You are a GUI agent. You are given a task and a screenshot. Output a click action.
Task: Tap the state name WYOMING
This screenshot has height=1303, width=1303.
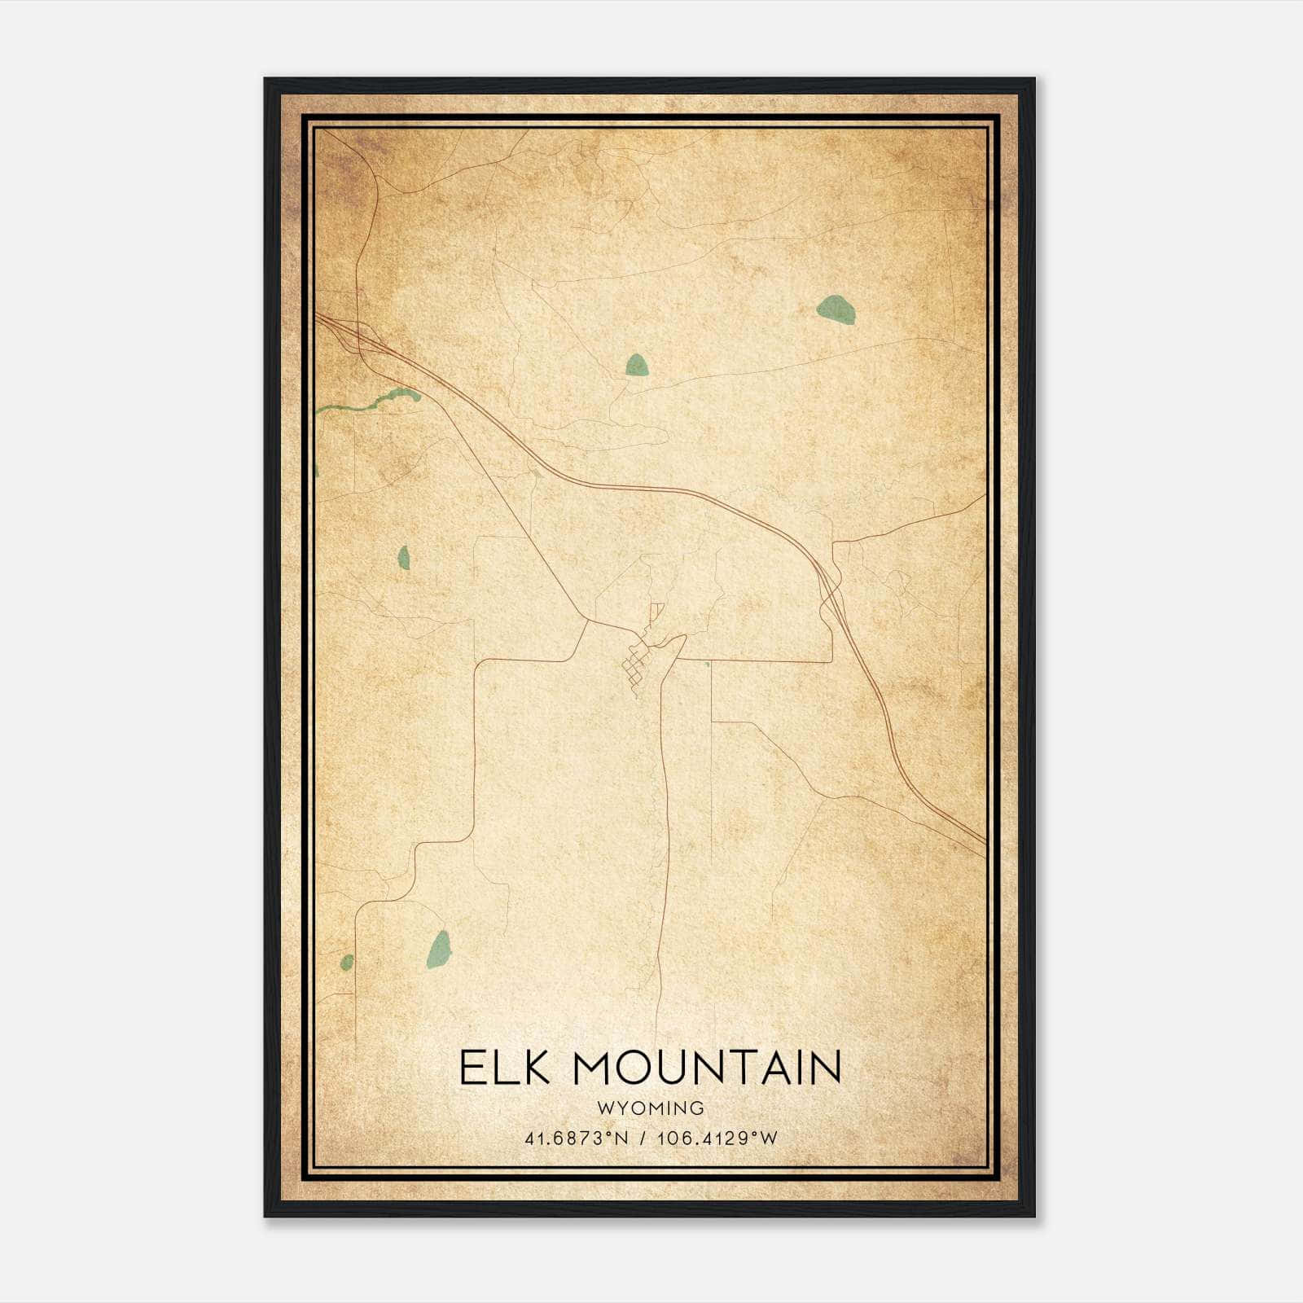650,1108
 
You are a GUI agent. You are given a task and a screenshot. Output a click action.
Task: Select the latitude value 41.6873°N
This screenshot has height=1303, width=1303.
577,1138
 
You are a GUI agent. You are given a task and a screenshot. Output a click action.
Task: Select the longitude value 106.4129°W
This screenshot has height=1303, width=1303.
717,1138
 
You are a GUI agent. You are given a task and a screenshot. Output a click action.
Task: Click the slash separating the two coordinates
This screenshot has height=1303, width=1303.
643,1138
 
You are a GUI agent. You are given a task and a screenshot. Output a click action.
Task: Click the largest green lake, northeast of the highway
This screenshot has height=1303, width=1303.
836,310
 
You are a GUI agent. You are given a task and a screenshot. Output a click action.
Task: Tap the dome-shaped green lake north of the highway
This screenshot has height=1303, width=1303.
637,365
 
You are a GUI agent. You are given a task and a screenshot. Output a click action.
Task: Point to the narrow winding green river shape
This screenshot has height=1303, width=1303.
375,400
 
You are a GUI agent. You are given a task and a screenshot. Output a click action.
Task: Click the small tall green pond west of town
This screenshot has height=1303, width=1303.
403,557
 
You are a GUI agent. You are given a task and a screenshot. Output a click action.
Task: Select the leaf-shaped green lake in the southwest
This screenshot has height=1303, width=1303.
439,950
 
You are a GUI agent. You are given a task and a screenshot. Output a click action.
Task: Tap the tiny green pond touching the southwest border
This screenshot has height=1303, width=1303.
347,963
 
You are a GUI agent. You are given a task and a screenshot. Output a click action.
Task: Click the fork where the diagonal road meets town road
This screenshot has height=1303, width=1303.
587,622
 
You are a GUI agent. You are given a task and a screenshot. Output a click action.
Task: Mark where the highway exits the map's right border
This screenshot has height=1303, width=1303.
985,843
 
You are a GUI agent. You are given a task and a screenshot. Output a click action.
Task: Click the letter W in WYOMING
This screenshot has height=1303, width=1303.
604,1108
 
